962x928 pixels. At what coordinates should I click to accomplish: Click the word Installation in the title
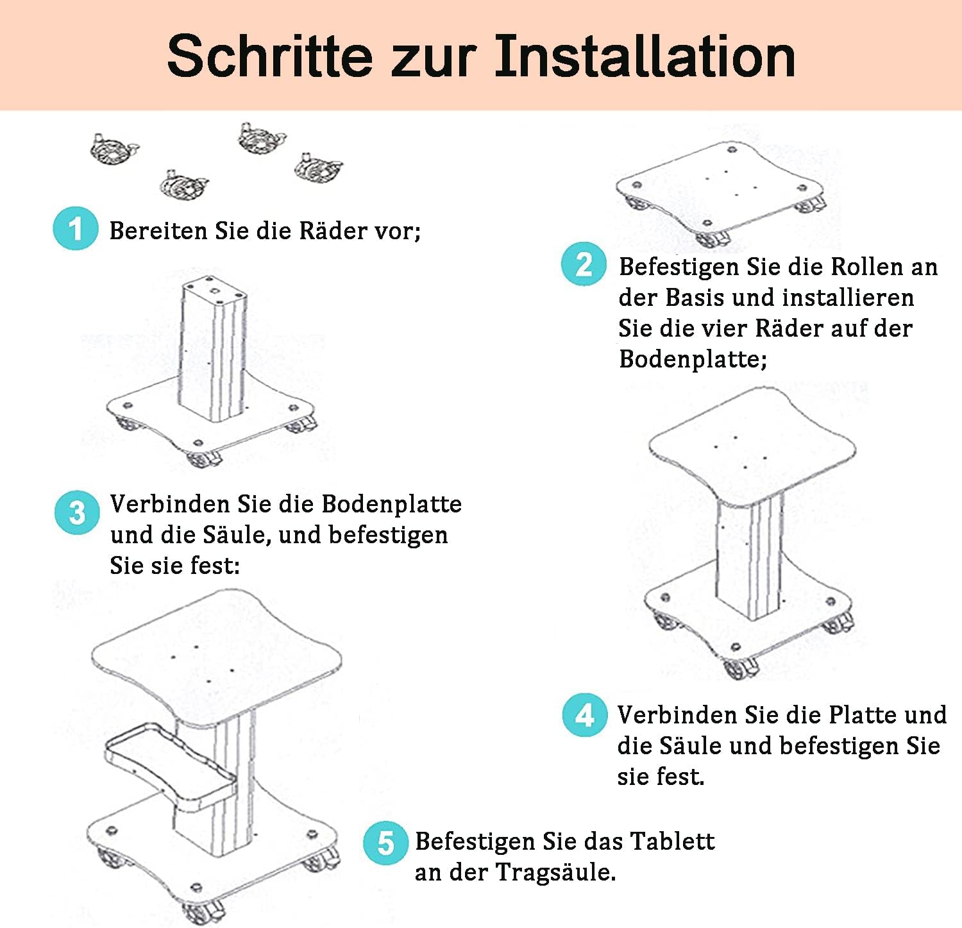(x=645, y=56)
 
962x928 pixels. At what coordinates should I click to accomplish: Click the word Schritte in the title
(x=269, y=56)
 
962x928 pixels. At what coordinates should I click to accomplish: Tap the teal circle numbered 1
(x=76, y=229)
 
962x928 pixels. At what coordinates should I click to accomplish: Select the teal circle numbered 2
(x=584, y=264)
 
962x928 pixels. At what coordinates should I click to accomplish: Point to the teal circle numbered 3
(x=77, y=512)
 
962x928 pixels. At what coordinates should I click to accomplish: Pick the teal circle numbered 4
(x=585, y=714)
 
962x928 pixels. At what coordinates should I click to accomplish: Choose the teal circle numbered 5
(x=385, y=843)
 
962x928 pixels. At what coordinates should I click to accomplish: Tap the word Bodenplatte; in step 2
(x=693, y=359)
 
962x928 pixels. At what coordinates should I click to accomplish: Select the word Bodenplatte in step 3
(x=391, y=504)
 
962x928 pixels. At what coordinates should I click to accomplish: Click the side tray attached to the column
(x=170, y=763)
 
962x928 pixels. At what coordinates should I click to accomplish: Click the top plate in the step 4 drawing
(x=752, y=445)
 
